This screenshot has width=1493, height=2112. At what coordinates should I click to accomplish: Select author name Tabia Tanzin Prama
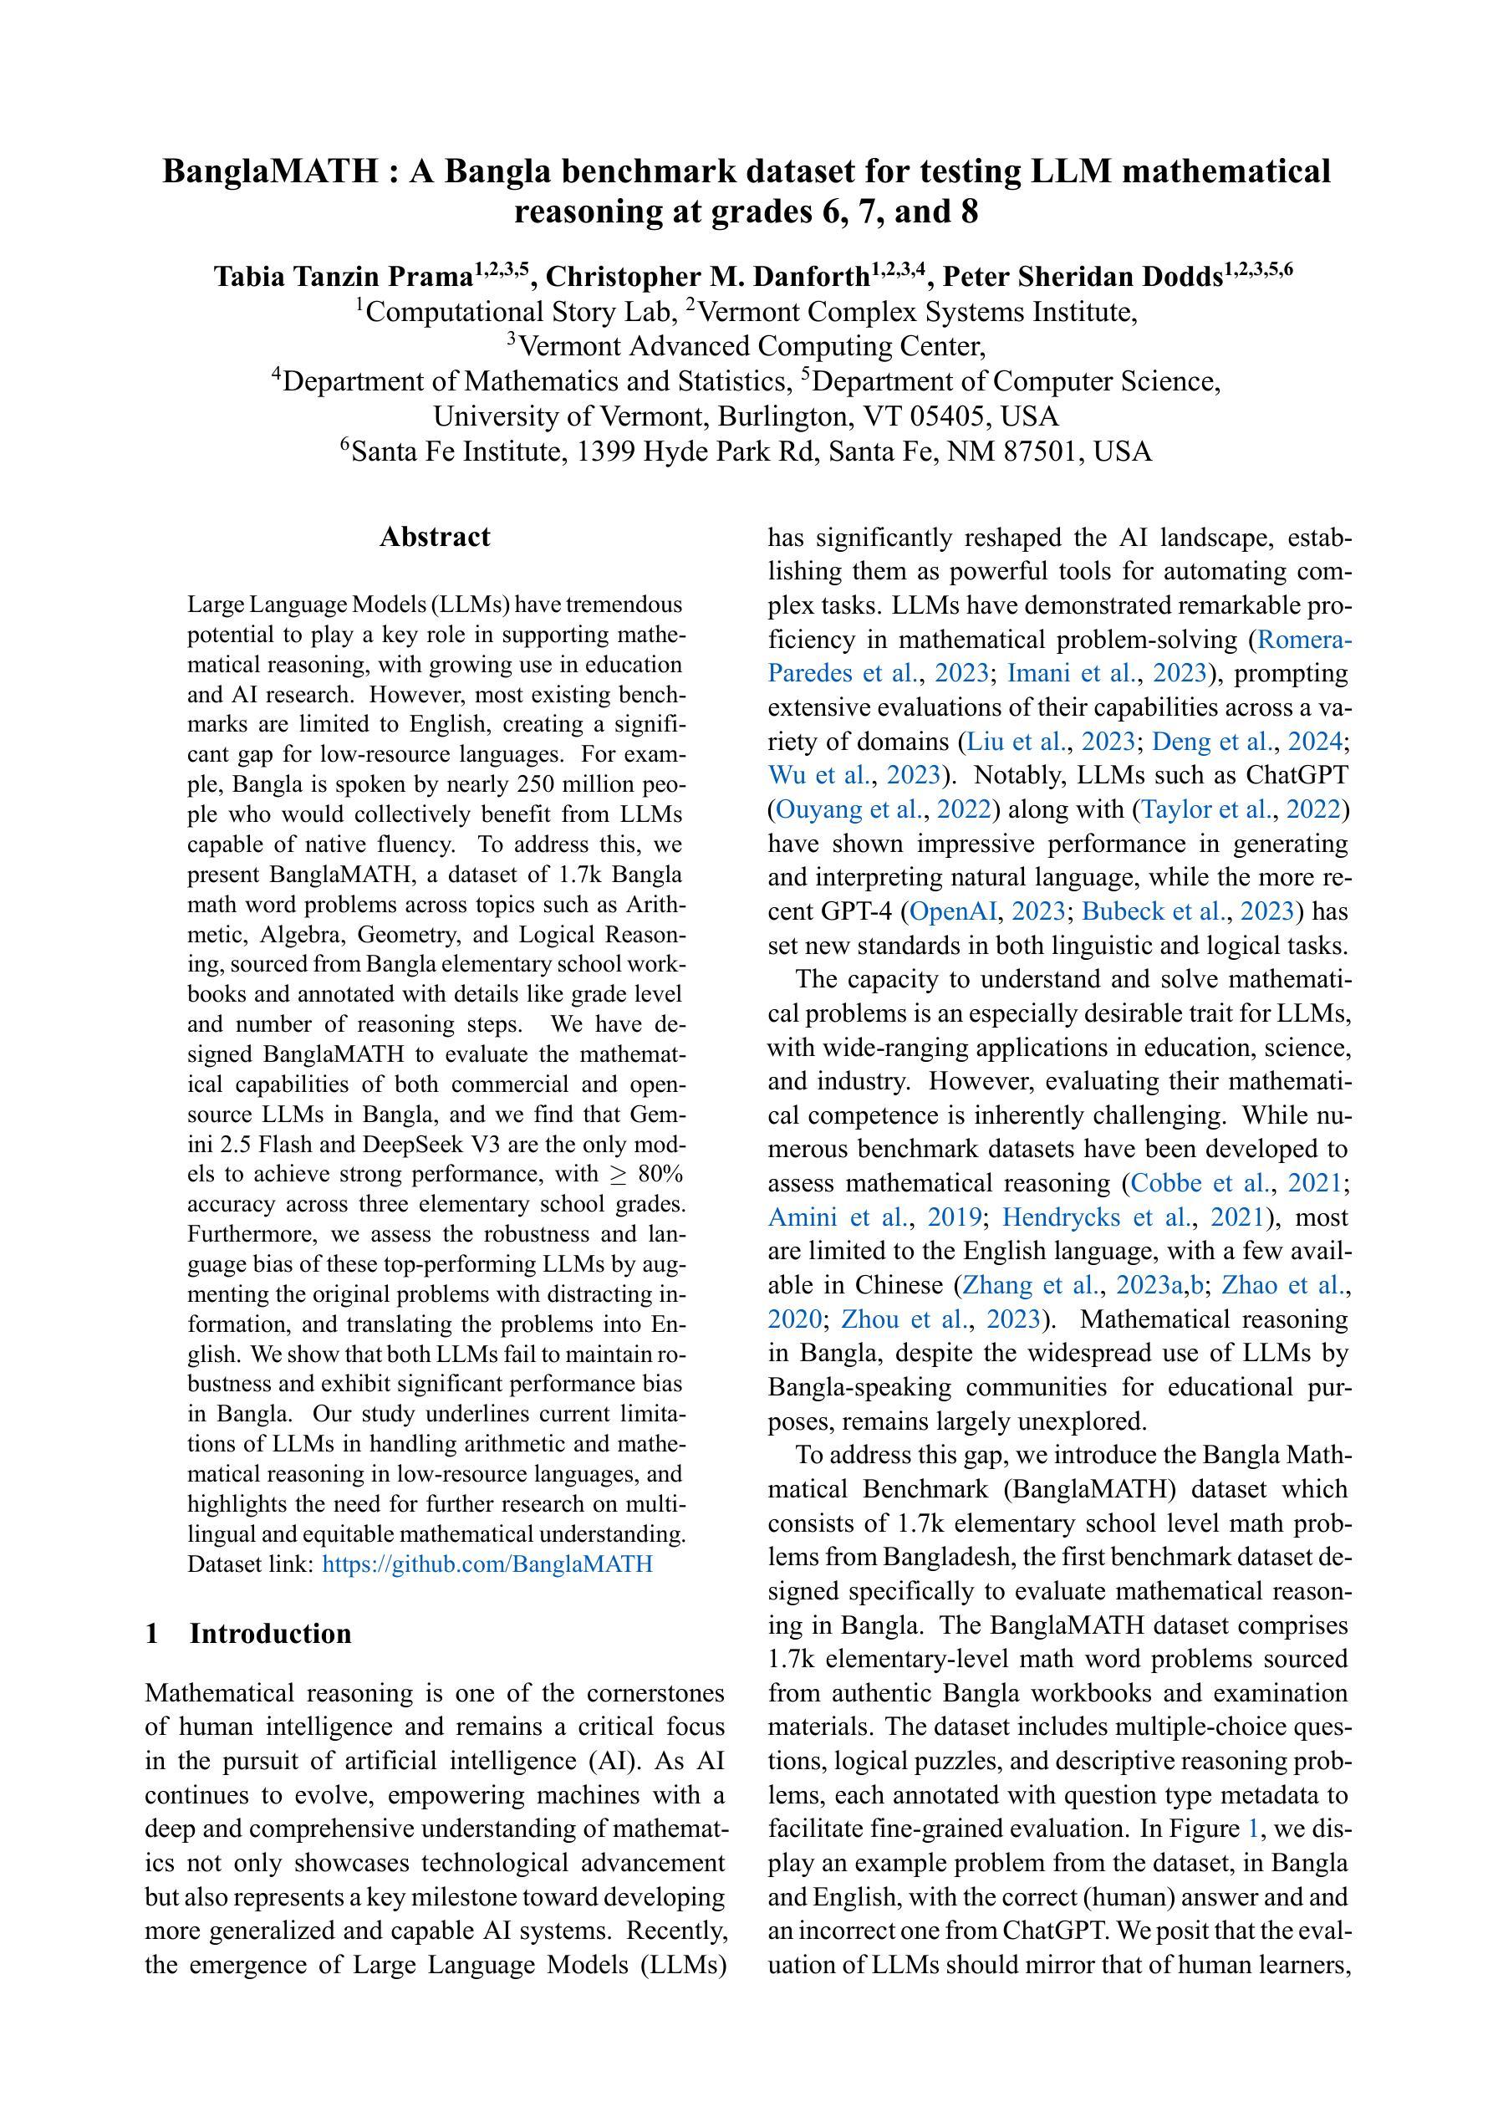click(x=343, y=277)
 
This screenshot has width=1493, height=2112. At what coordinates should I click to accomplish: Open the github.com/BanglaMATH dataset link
click(x=487, y=1564)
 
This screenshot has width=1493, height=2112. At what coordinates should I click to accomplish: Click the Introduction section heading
click(x=271, y=1634)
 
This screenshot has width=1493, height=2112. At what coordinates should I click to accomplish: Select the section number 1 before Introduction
click(x=153, y=1634)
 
